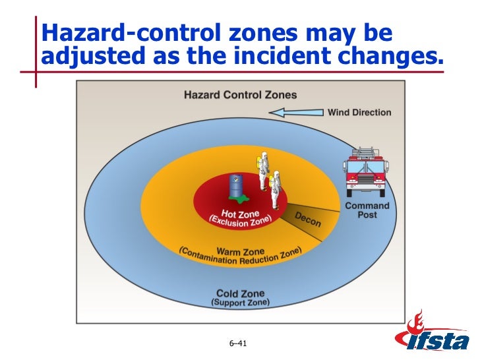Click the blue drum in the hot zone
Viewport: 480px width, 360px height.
(235, 185)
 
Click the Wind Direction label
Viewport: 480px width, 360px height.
(359, 112)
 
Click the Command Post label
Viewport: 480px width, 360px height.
(367, 210)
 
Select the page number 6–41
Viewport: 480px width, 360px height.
(237, 344)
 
